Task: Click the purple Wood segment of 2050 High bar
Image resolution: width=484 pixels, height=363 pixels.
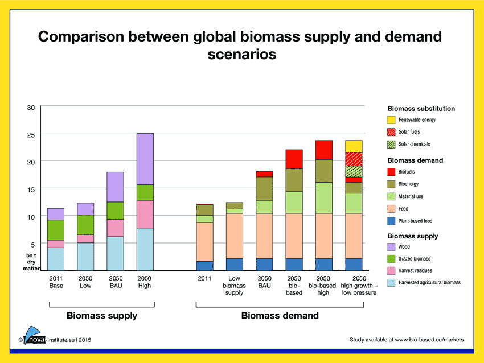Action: coord(145,159)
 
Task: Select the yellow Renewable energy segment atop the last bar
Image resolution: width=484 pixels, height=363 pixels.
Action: coord(354,146)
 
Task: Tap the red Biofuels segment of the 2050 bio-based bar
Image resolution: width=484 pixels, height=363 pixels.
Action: coord(294,159)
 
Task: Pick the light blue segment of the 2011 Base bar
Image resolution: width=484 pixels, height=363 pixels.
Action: coord(55,259)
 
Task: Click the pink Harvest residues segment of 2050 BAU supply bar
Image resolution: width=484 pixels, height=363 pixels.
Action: coord(116,228)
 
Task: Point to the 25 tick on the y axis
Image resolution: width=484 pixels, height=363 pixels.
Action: coord(31,134)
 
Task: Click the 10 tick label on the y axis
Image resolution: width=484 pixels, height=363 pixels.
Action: coord(31,217)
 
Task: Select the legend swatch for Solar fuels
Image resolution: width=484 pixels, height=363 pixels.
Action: coord(391,132)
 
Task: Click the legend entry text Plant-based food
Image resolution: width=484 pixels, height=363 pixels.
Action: coord(415,221)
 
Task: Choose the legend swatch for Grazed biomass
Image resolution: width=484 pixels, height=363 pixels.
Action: coord(391,258)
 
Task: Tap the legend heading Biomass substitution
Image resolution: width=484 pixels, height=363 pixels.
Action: coord(421,108)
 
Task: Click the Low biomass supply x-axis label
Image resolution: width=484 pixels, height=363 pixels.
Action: coord(234,286)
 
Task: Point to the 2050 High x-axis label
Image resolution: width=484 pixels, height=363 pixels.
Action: coord(145,282)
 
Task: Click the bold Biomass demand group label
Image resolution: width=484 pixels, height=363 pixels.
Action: coord(280,315)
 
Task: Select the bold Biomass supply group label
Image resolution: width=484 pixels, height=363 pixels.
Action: coord(102,315)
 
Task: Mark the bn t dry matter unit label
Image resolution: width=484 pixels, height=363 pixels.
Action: coord(31,262)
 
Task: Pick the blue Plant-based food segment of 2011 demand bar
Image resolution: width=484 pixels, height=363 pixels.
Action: coord(205,266)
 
